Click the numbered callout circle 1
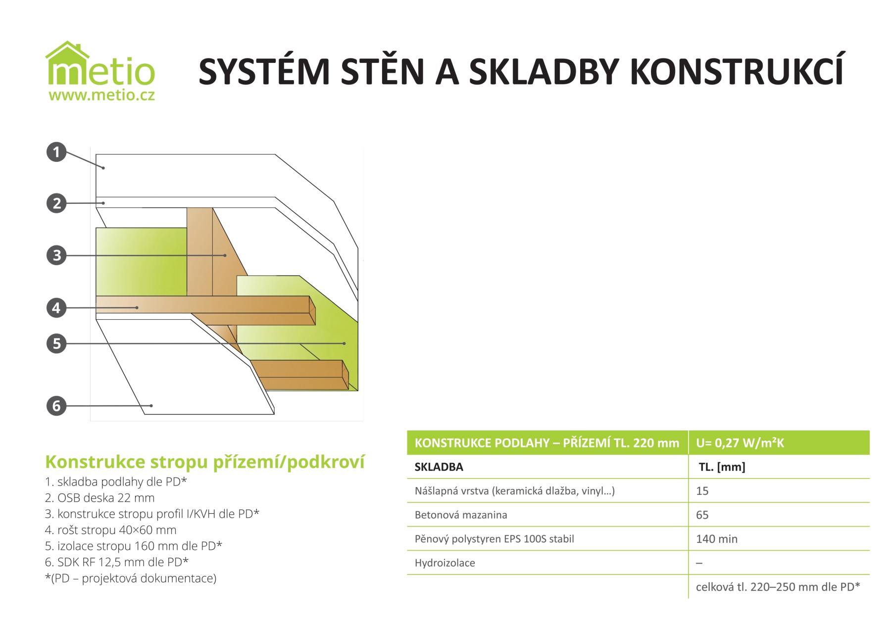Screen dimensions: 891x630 click(x=56, y=152)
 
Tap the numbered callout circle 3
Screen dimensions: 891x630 click(x=56, y=255)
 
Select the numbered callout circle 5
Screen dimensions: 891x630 click(x=56, y=343)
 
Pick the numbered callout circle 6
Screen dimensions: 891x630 click(x=56, y=406)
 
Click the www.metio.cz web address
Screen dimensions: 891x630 click(x=101, y=95)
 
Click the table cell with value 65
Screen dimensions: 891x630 click(x=702, y=515)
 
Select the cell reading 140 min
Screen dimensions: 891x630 click(x=716, y=539)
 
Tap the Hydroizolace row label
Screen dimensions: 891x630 click(x=445, y=563)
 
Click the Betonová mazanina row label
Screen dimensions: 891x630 click(x=461, y=515)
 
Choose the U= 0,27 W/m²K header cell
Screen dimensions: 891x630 click(x=740, y=443)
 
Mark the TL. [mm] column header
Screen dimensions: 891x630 click(x=722, y=467)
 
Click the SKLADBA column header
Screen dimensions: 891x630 click(x=439, y=467)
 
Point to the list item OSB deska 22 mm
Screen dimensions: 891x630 click(x=99, y=498)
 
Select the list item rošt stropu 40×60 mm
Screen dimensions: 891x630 click(x=110, y=530)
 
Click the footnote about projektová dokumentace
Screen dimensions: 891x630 click(x=131, y=578)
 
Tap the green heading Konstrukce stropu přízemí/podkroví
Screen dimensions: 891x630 click(x=204, y=462)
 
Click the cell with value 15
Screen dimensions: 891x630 click(x=702, y=491)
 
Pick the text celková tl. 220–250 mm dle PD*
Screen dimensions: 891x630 click(x=778, y=587)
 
